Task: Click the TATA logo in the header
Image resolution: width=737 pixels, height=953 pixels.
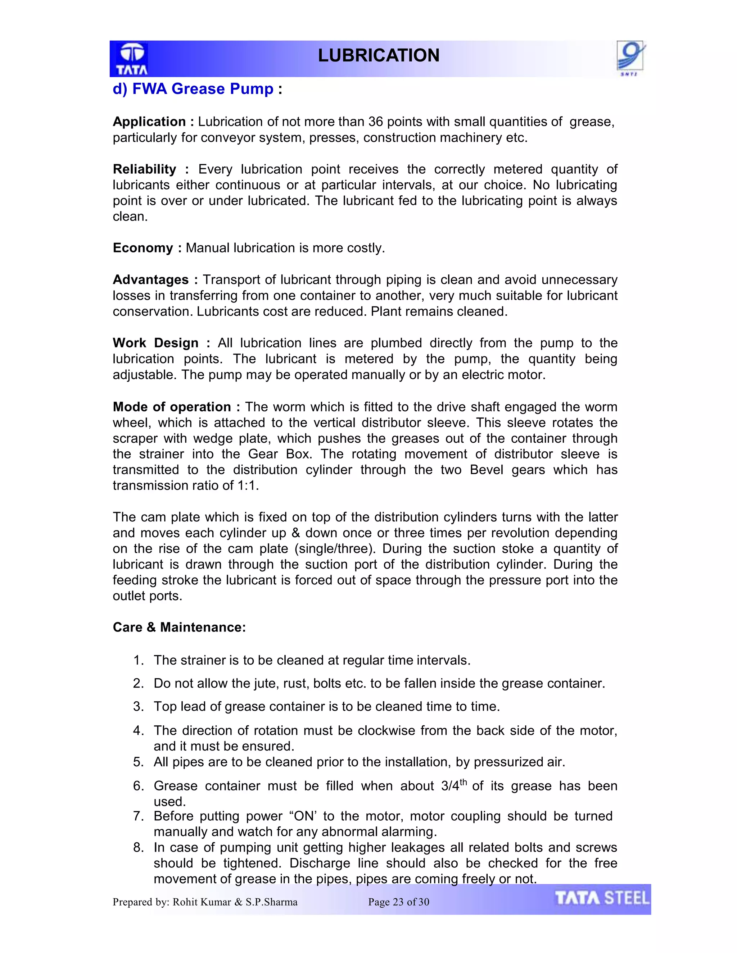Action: [x=131, y=59]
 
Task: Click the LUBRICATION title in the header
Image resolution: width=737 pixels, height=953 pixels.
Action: [x=378, y=55]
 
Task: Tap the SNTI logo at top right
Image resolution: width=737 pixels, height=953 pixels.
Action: [x=630, y=58]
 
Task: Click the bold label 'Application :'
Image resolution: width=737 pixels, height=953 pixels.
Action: [x=153, y=122]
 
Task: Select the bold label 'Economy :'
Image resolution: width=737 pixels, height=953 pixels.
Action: [x=147, y=248]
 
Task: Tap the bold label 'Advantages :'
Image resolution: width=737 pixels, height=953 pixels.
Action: [x=155, y=280]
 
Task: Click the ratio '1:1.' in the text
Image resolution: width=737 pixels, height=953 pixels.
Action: [x=248, y=485]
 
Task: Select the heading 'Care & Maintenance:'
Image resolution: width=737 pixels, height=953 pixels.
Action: [x=179, y=627]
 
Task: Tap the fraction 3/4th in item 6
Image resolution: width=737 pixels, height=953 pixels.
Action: [x=454, y=785]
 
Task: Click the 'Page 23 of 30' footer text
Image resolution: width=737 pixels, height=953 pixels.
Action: [x=399, y=902]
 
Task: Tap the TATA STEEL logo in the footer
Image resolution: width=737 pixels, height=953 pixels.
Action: [x=602, y=898]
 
